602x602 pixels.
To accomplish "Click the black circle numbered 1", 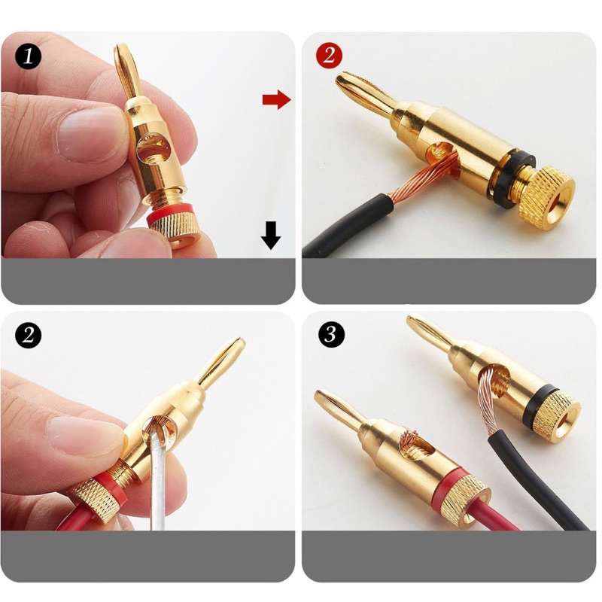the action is [28, 56].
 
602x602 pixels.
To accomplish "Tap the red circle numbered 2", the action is [329, 56].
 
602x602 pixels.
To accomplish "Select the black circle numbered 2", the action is [28, 335].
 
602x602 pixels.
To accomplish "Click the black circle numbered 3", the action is [331, 334].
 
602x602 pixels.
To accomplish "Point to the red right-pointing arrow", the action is [276, 100].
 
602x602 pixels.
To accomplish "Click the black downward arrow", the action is [271, 236].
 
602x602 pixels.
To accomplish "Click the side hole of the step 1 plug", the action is [154, 147].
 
